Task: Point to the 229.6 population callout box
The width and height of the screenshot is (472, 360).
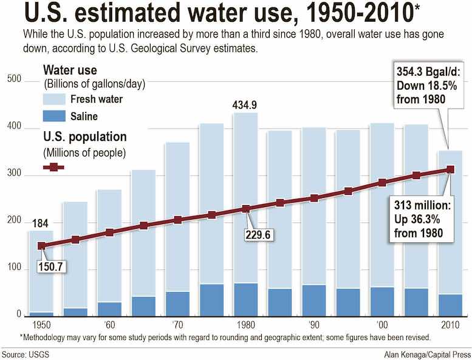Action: coord(260,235)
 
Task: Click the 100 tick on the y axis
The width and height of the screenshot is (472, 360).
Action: coord(14,268)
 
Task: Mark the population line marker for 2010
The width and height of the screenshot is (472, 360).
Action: coord(450,169)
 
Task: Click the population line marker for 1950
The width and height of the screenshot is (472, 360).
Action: coord(41,246)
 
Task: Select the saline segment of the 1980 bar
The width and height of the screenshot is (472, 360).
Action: coord(245,300)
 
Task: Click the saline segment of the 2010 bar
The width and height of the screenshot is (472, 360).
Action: coord(450,305)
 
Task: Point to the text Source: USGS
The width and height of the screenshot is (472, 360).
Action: coord(25,353)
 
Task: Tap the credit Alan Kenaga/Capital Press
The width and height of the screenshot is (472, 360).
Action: coord(426,353)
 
